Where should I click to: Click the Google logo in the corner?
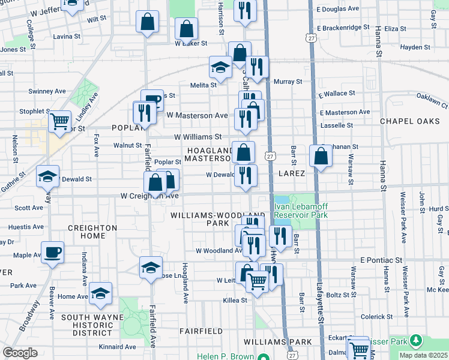[x=20, y=353]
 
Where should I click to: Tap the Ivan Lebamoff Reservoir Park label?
[x=301, y=211]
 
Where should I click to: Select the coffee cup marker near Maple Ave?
[x=52, y=252]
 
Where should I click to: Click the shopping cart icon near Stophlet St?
[x=59, y=122]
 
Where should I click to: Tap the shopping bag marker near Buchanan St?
[x=321, y=156]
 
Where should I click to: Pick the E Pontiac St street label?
[x=381, y=260]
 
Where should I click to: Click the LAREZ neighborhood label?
[x=292, y=173]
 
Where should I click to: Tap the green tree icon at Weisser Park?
[x=415, y=342]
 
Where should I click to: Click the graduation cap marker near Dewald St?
[x=47, y=176]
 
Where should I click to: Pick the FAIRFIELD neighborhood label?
[x=201, y=331]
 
